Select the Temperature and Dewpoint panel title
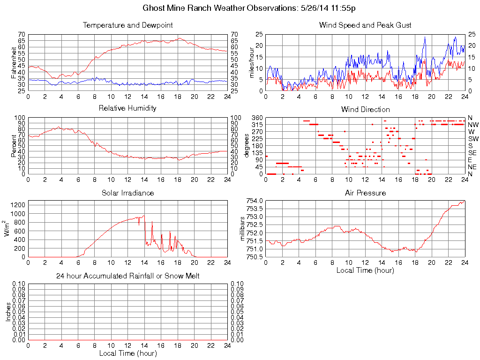coord(127,25)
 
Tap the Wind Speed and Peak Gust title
coord(365,25)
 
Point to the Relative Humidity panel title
coord(127,108)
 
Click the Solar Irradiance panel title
coord(127,193)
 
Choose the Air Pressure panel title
coord(365,193)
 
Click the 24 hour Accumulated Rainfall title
coord(127,276)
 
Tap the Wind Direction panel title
coord(365,109)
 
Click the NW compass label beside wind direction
coord(473,125)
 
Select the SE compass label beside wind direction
coord(472,153)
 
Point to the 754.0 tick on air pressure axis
coord(254,201)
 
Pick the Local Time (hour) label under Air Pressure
coord(365,270)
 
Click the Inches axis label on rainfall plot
coord(8,312)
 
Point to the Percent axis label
coord(14,145)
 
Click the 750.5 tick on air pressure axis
coord(254,257)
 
